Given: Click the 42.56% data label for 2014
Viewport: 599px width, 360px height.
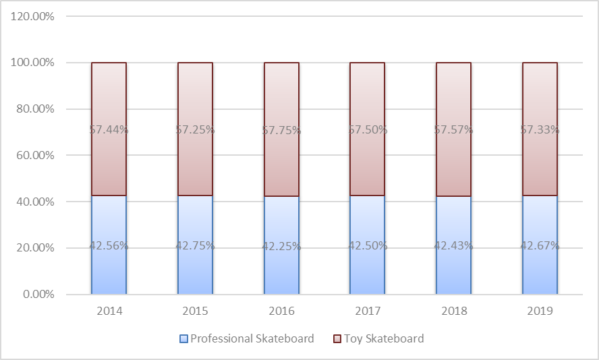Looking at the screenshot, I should click(x=109, y=246).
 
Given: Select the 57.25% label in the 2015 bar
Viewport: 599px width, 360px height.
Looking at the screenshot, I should click(x=195, y=129).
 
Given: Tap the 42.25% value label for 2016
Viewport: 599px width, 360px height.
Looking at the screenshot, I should click(x=281, y=246).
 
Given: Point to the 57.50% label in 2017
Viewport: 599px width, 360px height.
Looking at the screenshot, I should click(x=367, y=129).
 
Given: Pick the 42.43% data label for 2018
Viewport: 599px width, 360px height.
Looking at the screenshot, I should click(x=453, y=246).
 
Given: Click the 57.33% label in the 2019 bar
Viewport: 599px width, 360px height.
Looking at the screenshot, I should click(x=540, y=129).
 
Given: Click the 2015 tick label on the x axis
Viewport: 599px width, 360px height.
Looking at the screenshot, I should click(x=195, y=311).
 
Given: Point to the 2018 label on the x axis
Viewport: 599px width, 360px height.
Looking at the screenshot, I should click(x=453, y=311).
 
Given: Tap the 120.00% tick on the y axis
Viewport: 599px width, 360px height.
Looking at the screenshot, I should click(x=32, y=16).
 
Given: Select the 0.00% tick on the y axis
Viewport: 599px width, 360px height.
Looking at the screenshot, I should click(x=36, y=295).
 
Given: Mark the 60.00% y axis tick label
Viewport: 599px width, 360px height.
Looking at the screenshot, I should click(x=34, y=155).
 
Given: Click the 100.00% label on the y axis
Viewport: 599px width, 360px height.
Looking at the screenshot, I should click(x=32, y=63).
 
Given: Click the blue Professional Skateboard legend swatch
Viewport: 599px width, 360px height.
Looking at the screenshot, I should click(x=183, y=338).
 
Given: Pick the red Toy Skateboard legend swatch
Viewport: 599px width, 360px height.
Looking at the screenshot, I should click(x=337, y=338).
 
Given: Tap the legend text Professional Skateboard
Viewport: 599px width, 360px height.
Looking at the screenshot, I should click(x=252, y=338).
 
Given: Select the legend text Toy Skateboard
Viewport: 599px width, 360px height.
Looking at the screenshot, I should click(x=384, y=338).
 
